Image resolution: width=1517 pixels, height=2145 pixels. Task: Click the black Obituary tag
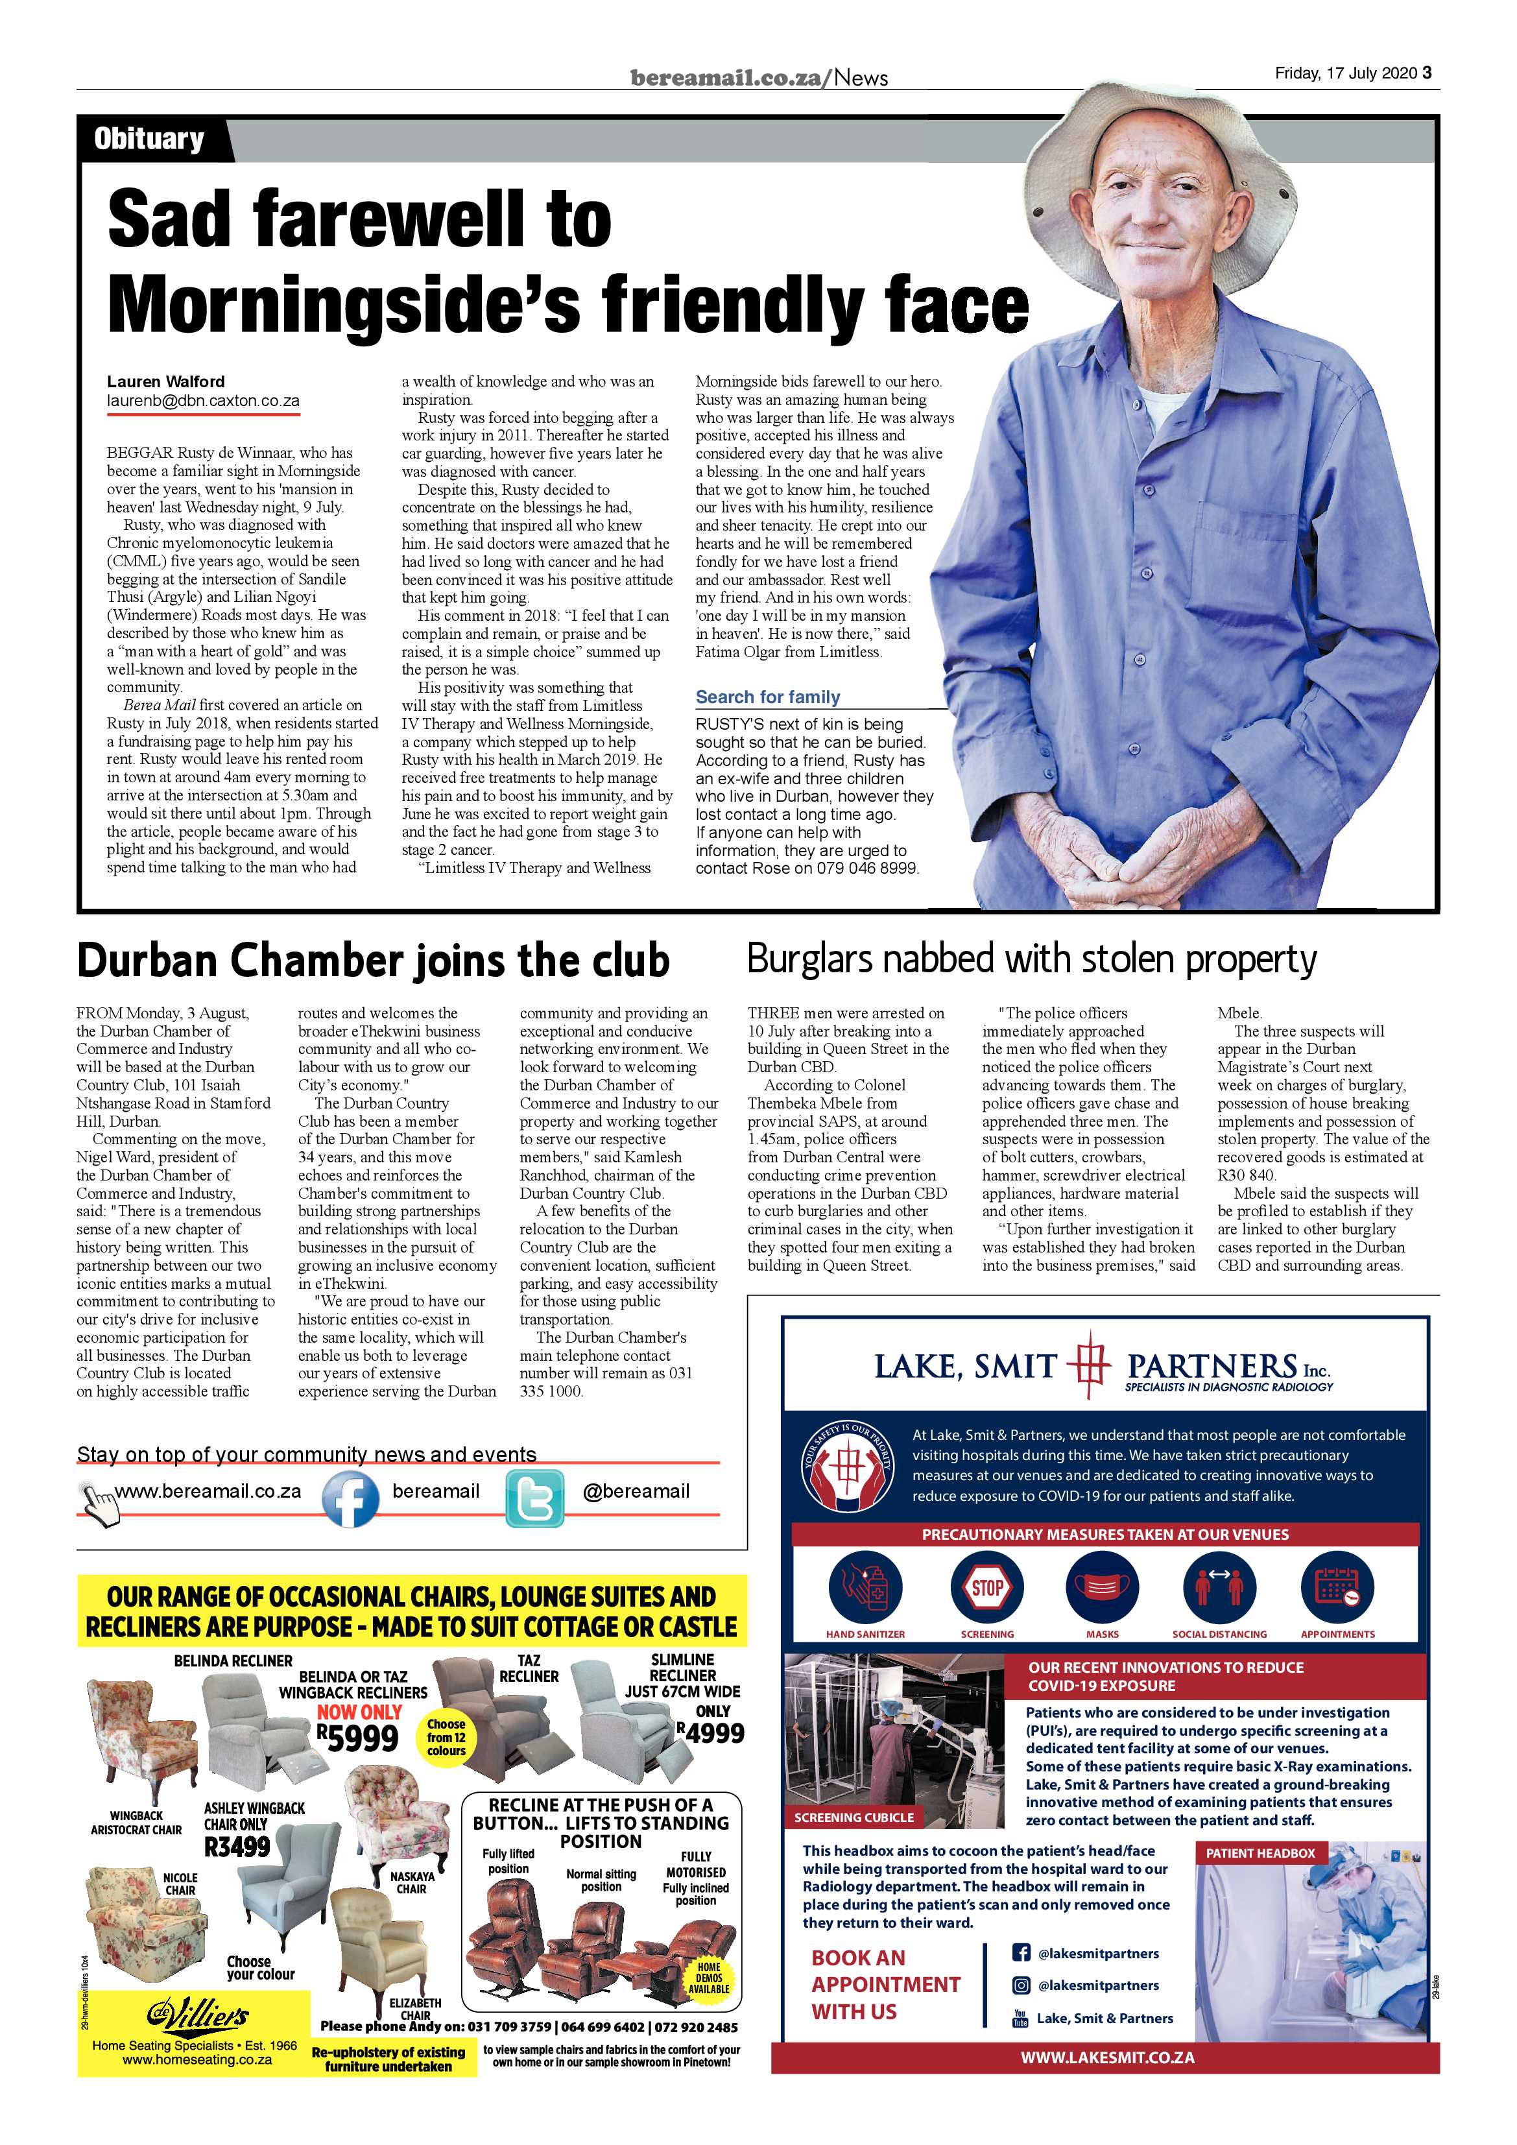coord(149,140)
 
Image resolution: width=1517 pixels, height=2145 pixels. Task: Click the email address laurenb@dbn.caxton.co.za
coord(203,401)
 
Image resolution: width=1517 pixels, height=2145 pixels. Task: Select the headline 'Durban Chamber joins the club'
coord(373,961)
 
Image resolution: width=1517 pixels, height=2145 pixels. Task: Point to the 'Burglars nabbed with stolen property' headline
coord(1031,959)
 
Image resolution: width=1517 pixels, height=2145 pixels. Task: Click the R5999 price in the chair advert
coord(358,1737)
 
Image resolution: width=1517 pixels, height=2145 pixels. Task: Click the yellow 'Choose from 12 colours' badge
coord(446,1737)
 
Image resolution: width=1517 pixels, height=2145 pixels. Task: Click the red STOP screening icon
coord(987,1587)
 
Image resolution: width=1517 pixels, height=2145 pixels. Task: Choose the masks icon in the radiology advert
coord(1103,1587)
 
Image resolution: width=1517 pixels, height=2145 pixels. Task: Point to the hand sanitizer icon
coord(865,1587)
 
